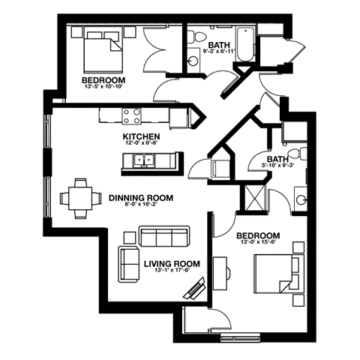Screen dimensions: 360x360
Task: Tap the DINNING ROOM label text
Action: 140,198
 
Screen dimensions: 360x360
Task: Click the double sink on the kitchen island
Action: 144,160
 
